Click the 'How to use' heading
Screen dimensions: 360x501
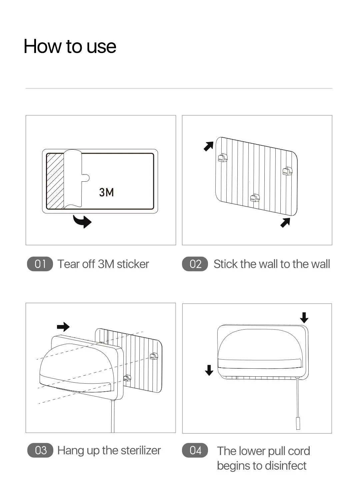tap(70, 46)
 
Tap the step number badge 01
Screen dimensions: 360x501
tap(40, 264)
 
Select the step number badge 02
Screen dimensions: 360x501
tap(195, 264)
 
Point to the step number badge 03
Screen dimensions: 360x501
tap(40, 450)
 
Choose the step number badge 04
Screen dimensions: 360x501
tap(195, 450)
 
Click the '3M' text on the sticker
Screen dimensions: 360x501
tap(106, 192)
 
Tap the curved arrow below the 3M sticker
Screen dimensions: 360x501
tap(83, 221)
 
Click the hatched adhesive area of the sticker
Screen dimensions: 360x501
tap(55, 181)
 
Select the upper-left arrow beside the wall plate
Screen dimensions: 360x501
tap(209, 146)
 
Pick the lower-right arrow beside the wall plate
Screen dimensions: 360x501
tap(285, 222)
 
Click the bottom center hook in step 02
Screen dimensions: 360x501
tap(255, 198)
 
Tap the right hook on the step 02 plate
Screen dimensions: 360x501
tap(287, 171)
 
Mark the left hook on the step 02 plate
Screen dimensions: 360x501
tap(223, 158)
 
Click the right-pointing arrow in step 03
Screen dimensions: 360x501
tap(63, 327)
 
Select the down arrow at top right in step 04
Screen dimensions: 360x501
tap(304, 318)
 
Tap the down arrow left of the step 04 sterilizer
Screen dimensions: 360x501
tap(209, 370)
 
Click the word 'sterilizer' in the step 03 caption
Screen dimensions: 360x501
tap(141, 450)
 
